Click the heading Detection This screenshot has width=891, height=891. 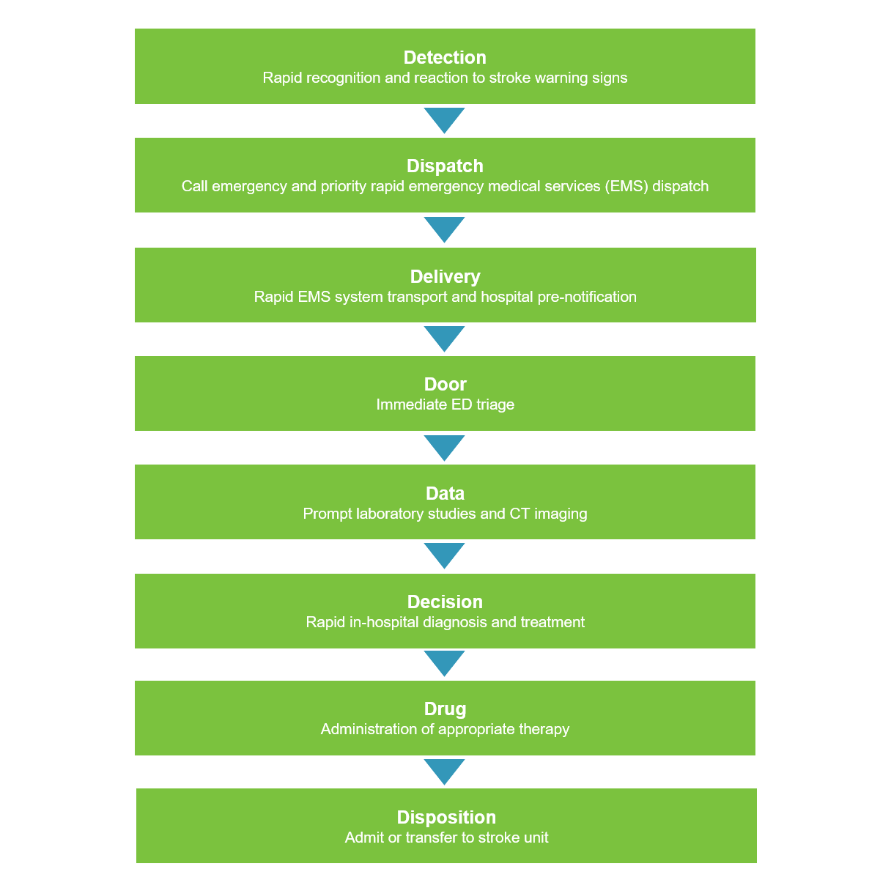tap(445, 57)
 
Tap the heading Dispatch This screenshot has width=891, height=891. tap(445, 166)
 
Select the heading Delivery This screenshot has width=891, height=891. tap(445, 276)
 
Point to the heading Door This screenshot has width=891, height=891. tap(445, 384)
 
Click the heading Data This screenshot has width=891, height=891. tap(445, 493)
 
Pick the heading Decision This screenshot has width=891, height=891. tap(445, 602)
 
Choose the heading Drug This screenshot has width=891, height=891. tap(445, 709)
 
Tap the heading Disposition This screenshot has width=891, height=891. tap(446, 817)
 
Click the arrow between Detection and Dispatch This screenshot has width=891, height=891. tap(444, 119)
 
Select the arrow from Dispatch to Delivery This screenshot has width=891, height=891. tap(444, 229)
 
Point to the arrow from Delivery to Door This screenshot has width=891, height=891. tap(444, 338)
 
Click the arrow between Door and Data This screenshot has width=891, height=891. tap(444, 447)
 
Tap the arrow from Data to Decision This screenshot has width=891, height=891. tap(444, 555)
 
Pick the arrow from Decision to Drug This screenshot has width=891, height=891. tap(444, 662)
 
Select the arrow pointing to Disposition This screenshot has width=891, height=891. tap(444, 771)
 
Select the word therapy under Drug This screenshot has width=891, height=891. tap(544, 729)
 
